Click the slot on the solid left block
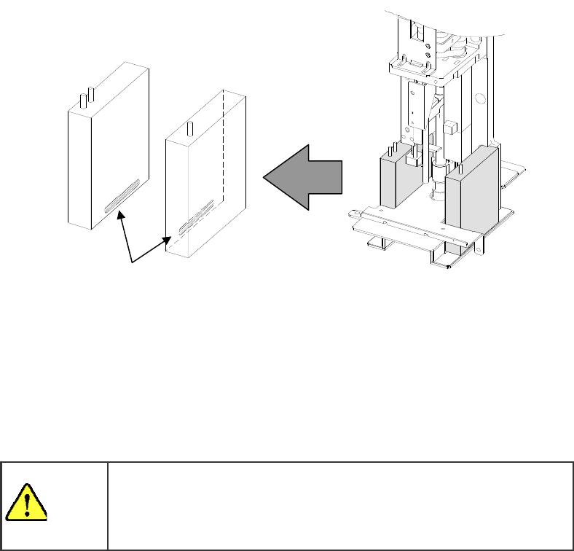(x=122, y=198)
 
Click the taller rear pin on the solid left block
(x=91, y=94)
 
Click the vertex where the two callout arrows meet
(x=131, y=261)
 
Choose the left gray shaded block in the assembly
(x=395, y=181)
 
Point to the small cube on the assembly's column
(x=452, y=128)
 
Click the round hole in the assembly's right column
(x=480, y=99)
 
